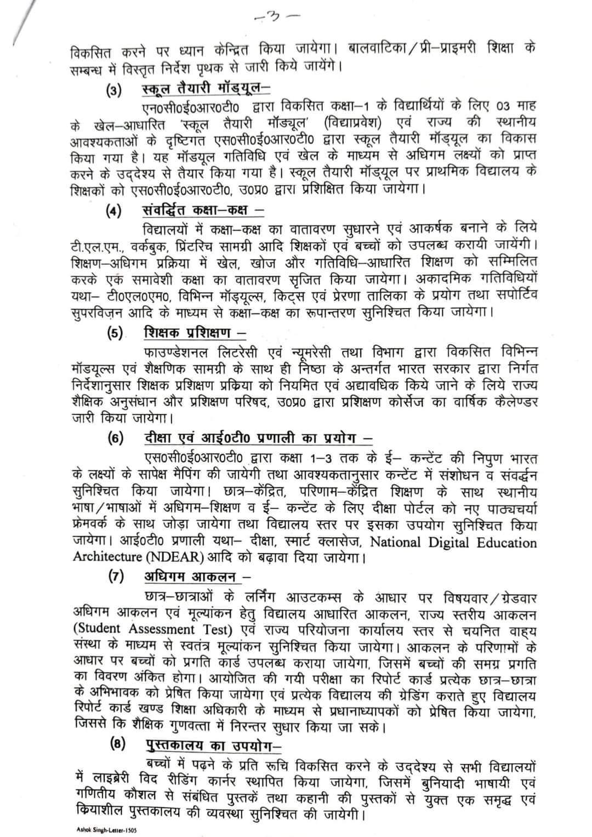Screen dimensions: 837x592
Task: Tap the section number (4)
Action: point(114,212)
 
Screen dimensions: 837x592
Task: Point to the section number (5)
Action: point(115,334)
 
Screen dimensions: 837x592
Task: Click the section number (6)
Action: point(116,440)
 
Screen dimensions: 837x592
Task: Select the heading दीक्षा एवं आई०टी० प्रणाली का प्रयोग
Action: point(258,439)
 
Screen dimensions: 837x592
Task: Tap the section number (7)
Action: point(116,577)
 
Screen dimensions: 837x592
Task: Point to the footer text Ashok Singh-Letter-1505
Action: point(105,830)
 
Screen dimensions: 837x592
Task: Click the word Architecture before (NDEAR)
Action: point(108,557)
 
